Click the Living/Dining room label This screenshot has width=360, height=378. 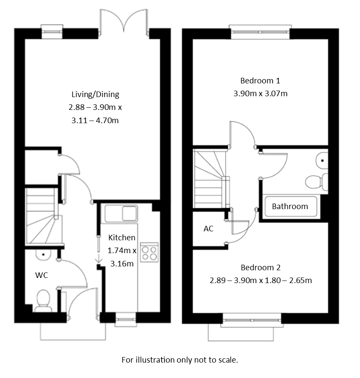95,94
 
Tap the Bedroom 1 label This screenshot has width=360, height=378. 260,80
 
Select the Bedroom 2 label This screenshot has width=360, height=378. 260,268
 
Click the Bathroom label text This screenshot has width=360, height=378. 290,206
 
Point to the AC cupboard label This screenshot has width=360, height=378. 208,229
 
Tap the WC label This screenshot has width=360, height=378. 41,275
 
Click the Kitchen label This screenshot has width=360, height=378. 122,238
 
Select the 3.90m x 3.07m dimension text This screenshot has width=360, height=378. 260,94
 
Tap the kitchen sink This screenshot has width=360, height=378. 121,213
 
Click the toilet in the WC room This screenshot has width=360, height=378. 42,300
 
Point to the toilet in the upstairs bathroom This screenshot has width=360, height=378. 316,182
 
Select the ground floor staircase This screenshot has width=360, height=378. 41,216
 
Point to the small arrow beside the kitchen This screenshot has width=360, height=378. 98,258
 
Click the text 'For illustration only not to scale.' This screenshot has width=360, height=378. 180,360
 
